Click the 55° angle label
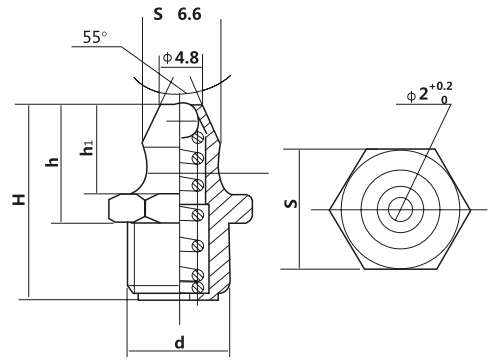[95, 37]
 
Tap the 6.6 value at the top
[189, 14]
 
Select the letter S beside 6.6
[158, 14]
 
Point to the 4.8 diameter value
[187, 58]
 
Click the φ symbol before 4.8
[168, 58]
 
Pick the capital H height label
[19, 199]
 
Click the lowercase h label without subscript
[53, 162]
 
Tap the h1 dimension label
[87, 148]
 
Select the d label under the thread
[180, 342]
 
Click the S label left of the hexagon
[291, 204]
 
